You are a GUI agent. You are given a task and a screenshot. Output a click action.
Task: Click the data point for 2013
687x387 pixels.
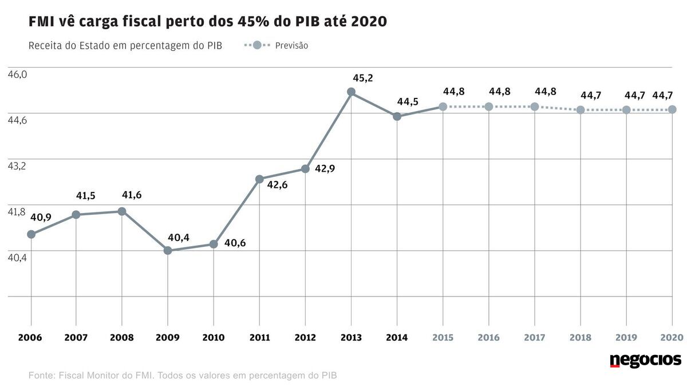click(x=351, y=92)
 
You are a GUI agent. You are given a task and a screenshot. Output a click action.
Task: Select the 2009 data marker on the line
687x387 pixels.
click(x=168, y=250)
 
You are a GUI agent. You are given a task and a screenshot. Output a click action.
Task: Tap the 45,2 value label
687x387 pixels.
click(x=362, y=78)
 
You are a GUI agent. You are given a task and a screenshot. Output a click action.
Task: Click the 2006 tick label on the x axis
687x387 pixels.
click(x=31, y=337)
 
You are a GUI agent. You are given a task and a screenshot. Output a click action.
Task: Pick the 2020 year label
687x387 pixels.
click(x=671, y=337)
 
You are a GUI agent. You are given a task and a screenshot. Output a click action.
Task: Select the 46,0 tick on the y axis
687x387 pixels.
click(x=17, y=74)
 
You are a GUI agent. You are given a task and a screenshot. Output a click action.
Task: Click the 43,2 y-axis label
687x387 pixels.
click(x=17, y=166)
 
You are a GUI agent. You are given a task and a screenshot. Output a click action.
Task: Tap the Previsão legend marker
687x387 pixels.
click(x=256, y=45)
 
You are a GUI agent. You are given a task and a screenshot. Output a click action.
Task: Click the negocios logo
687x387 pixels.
click(x=645, y=360)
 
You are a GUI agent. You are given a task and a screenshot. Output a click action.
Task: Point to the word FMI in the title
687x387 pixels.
click(x=41, y=22)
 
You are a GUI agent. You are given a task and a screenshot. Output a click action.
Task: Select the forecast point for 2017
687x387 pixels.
click(x=535, y=106)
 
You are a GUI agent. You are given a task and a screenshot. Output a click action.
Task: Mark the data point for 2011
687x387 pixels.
click(x=259, y=179)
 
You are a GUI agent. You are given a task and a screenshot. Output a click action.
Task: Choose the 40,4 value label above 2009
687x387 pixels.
click(x=179, y=237)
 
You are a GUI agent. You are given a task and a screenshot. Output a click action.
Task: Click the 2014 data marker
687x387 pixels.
click(x=397, y=116)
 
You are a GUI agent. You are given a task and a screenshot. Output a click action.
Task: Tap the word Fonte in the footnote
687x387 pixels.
click(x=41, y=376)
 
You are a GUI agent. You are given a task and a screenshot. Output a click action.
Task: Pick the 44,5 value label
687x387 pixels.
click(x=408, y=102)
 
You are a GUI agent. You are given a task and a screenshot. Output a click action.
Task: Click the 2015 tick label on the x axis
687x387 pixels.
click(x=443, y=337)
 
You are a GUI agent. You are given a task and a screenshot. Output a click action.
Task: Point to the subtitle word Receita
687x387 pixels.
click(x=44, y=46)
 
